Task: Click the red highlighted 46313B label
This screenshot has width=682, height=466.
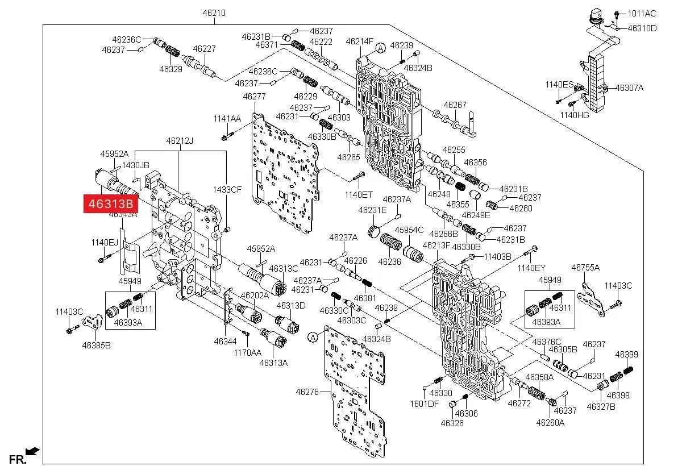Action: click(111, 203)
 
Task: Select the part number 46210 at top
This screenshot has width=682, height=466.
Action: click(215, 12)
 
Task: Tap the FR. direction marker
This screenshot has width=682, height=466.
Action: click(18, 459)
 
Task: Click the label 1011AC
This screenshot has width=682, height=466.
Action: click(642, 14)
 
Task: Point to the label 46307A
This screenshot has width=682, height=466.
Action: click(629, 88)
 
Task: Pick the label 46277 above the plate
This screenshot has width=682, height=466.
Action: click(254, 97)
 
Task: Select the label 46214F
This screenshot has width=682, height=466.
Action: click(360, 41)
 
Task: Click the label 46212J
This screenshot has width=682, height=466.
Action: click(180, 140)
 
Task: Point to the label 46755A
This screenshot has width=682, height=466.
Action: click(585, 267)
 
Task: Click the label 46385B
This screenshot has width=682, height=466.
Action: click(96, 344)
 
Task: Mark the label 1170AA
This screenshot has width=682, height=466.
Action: click(248, 352)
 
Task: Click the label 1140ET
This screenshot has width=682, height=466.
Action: click(359, 194)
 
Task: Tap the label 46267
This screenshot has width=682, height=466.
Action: click(455, 105)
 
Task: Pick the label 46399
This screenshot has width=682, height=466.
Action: click(626, 355)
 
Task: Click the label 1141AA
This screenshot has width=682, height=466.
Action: click(227, 118)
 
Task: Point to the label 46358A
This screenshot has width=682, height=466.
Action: click(539, 377)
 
